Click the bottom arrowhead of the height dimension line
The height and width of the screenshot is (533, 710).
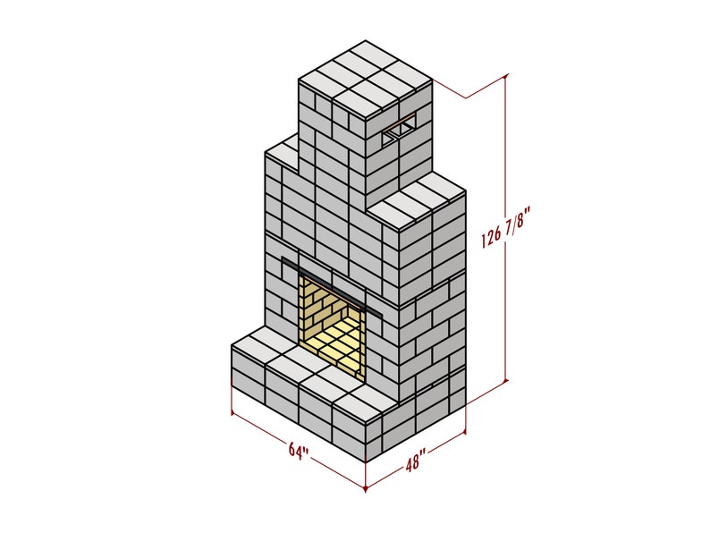pos(507,380)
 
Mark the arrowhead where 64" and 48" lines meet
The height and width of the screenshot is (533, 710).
pos(366,488)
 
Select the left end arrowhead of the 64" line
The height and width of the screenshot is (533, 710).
pos(232,412)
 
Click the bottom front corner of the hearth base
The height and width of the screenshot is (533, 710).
pos(366,461)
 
